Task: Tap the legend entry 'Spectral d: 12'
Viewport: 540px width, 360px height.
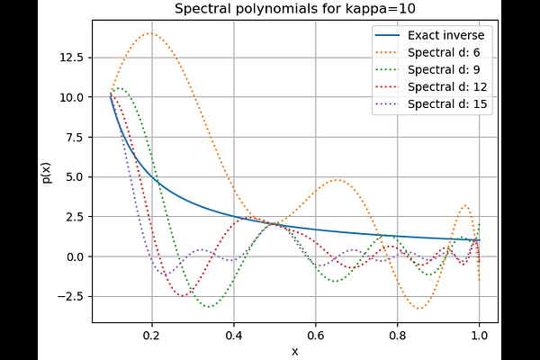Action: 448,86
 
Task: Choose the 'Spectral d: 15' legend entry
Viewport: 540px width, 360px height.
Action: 448,103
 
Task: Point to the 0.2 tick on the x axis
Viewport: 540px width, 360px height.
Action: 151,336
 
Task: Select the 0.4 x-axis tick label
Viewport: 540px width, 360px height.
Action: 233,336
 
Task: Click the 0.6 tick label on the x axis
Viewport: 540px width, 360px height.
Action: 315,336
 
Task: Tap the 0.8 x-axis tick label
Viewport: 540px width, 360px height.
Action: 397,336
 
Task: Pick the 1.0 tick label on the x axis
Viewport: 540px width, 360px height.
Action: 479,336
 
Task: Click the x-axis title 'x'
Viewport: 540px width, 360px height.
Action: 294,350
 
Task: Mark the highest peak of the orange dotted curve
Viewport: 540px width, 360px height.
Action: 149,33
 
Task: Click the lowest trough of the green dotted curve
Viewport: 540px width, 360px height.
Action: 210,307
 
